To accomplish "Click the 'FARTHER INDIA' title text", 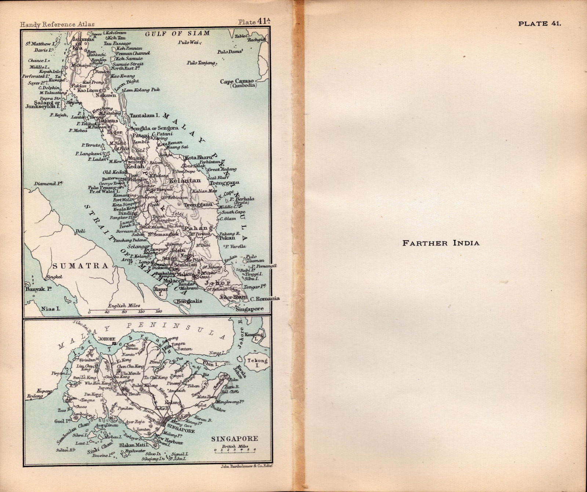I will [x=441, y=243].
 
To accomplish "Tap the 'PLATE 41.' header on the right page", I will [x=539, y=24].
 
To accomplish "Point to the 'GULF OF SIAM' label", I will [x=178, y=33].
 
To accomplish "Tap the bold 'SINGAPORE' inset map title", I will [x=234, y=438].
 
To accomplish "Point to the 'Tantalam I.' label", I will [x=144, y=115].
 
